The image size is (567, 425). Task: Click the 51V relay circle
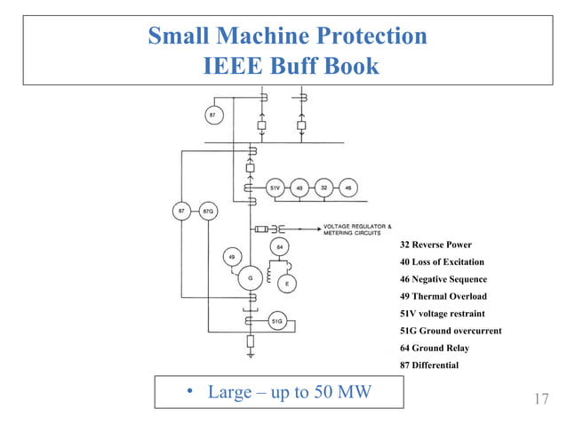276,188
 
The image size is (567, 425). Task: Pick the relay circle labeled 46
348,188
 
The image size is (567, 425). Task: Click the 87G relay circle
208,212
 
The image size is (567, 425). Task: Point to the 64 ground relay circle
279,245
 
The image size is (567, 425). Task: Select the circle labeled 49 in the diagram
231,257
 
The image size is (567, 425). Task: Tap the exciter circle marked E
286,284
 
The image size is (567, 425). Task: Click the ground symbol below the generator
252,356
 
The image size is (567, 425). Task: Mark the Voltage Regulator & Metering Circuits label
355,229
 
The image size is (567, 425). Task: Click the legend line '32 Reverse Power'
435,245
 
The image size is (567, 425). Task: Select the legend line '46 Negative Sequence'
443,279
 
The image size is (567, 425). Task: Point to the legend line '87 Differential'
429,365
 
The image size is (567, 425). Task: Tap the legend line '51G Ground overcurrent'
450,331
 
